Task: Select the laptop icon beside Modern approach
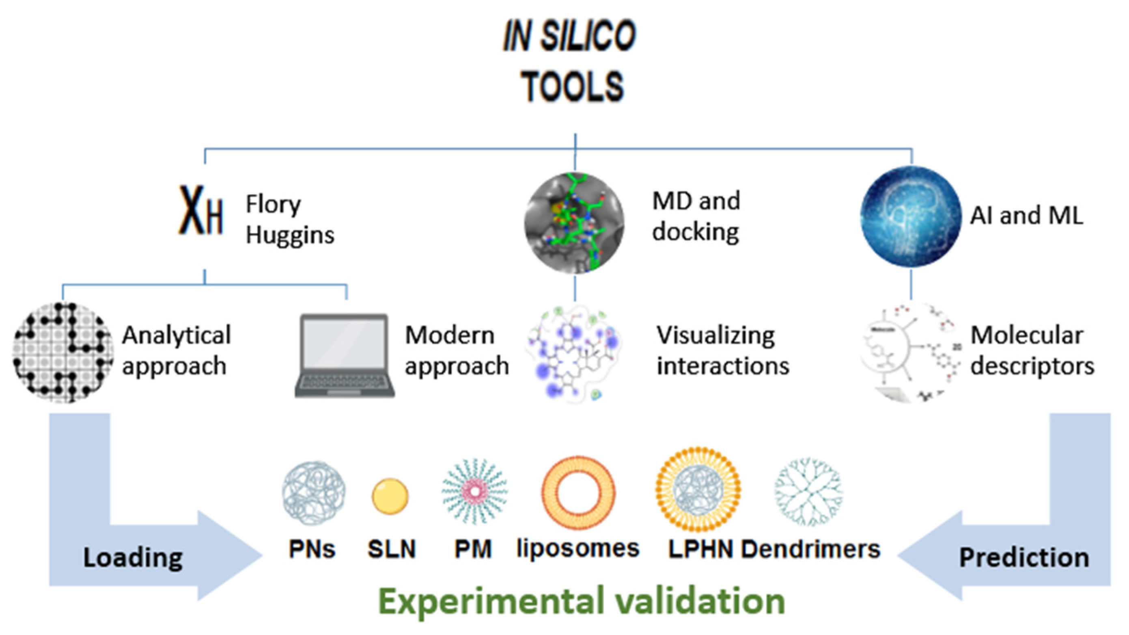click(x=345, y=355)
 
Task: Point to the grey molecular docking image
click(x=575, y=223)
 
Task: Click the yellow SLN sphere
click(x=390, y=496)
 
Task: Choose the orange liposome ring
click(x=578, y=493)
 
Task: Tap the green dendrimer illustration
click(x=808, y=492)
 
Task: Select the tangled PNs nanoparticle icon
click(x=313, y=492)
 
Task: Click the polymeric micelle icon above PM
click(x=475, y=492)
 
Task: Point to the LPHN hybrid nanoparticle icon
click(x=698, y=489)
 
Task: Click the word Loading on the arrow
click(x=133, y=558)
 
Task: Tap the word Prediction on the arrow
click(x=1024, y=558)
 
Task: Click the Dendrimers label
click(x=810, y=549)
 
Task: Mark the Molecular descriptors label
click(x=1032, y=350)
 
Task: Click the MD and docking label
click(x=696, y=216)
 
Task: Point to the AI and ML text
click(x=1026, y=215)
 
